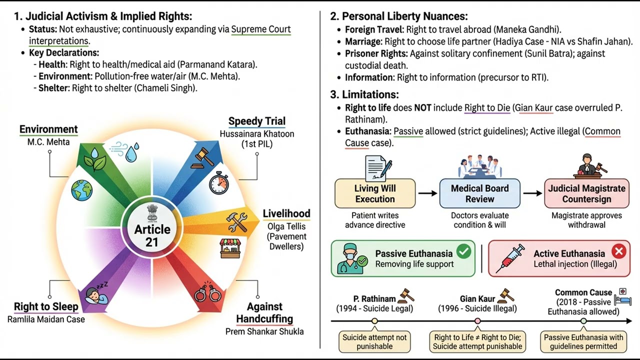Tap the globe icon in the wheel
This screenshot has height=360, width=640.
coord(82,190)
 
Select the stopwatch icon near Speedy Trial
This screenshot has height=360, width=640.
coord(219,183)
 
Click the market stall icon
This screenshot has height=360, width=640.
coord(230,248)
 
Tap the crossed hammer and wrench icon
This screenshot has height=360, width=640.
coord(237,222)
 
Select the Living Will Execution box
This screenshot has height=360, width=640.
coord(375,193)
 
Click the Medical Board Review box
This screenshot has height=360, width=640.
coord(479,193)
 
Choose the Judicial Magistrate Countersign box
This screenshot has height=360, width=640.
coord(586,193)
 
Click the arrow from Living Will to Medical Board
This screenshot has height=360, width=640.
coord(427,193)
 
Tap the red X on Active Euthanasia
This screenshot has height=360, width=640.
coord(619,251)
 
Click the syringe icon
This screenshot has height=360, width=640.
coord(510,258)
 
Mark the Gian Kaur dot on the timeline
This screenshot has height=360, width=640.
coord(477,321)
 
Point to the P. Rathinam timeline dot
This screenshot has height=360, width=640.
coord(374,321)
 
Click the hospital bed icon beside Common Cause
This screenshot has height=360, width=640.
coord(623,297)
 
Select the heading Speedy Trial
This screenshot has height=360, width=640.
coord(257,121)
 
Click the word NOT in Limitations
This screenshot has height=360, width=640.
coord(423,107)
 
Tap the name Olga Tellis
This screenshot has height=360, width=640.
coord(286,226)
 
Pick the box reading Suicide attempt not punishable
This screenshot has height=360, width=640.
coord(374,341)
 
